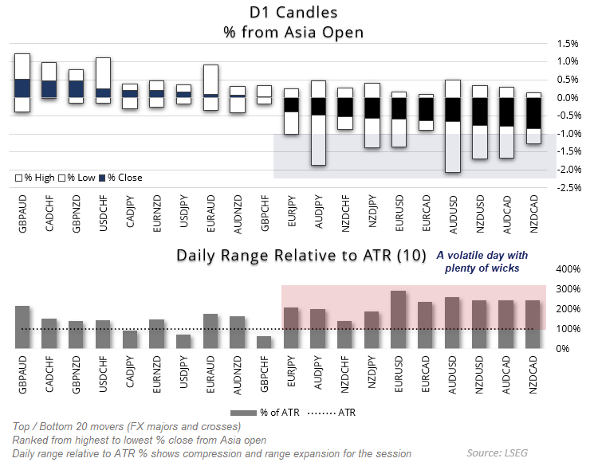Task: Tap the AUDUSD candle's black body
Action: click(452, 109)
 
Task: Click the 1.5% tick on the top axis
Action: click(567, 43)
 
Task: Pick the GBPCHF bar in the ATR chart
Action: click(264, 342)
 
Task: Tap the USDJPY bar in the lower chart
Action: click(183, 341)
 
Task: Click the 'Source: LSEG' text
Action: click(497, 453)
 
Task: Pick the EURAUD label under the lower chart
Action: click(210, 371)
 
